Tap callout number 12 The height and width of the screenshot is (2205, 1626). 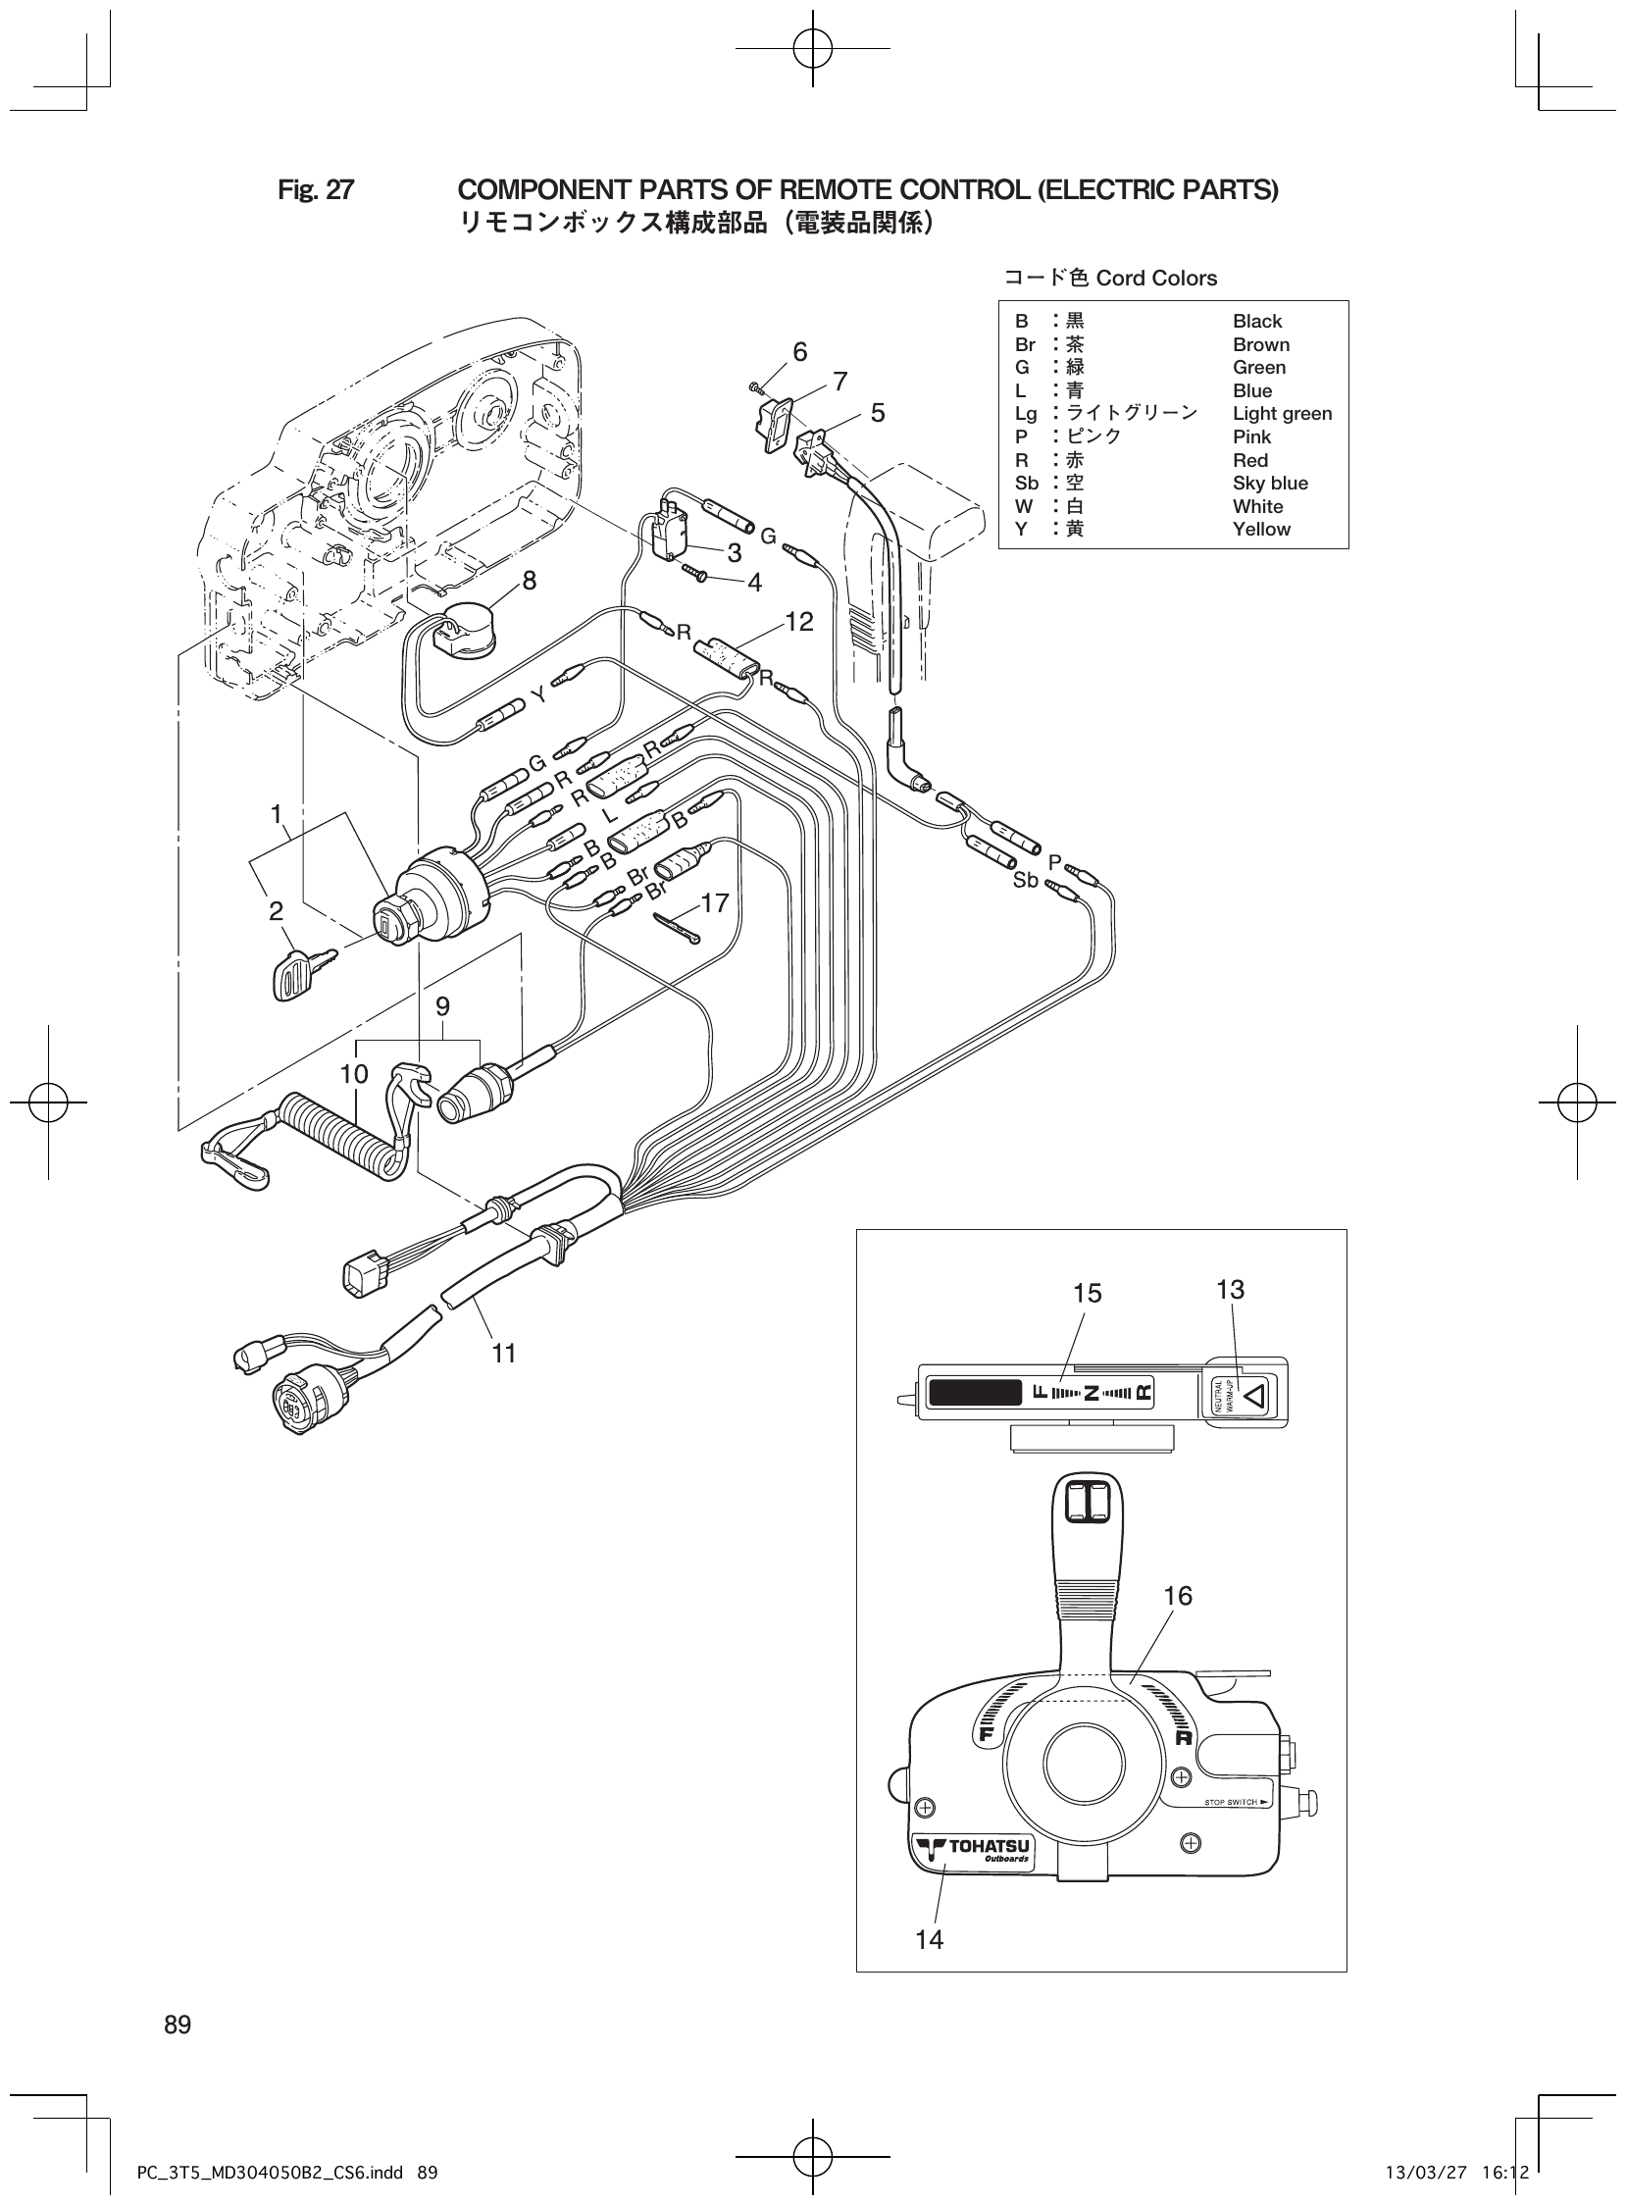[x=799, y=622]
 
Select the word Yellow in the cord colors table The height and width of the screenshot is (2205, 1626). [x=1261, y=530]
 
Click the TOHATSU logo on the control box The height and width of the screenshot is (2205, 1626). [x=972, y=1851]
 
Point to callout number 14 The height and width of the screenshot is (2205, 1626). [x=928, y=1939]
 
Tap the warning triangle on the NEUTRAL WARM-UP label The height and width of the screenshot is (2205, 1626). [x=1258, y=1396]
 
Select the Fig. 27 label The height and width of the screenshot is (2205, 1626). [x=315, y=190]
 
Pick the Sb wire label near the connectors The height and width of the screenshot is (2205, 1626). [x=1026, y=881]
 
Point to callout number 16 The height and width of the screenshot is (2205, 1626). [x=1177, y=1596]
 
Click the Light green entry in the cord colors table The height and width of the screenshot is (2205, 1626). [x=1282, y=415]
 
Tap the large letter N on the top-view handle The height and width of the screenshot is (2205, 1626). [x=1091, y=1393]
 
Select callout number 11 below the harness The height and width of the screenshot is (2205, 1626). [x=504, y=1354]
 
